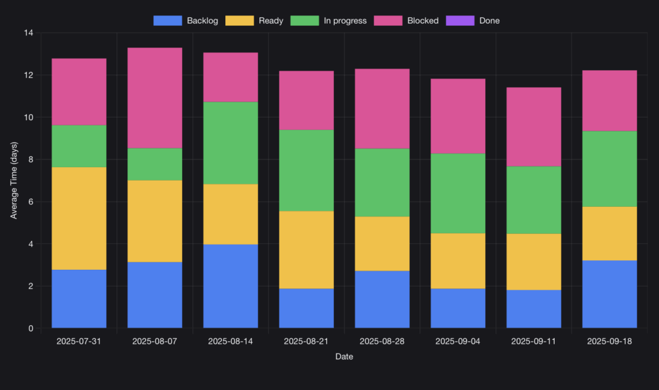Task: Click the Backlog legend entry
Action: point(186,21)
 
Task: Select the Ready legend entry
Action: point(254,21)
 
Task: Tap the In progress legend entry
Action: point(329,21)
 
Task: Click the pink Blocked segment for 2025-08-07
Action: point(154,98)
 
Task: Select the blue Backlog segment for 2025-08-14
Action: point(230,286)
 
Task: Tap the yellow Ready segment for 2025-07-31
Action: point(79,218)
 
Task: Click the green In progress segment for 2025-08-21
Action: point(306,170)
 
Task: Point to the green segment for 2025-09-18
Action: point(609,169)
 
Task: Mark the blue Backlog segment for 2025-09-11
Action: point(534,308)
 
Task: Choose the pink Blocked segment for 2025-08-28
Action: point(382,109)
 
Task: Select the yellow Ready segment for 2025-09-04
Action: point(458,261)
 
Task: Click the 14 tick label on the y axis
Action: point(29,33)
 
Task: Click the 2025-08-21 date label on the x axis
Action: point(306,341)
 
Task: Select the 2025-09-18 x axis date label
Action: point(609,341)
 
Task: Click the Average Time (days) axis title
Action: point(14,181)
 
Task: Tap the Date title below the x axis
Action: point(344,357)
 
